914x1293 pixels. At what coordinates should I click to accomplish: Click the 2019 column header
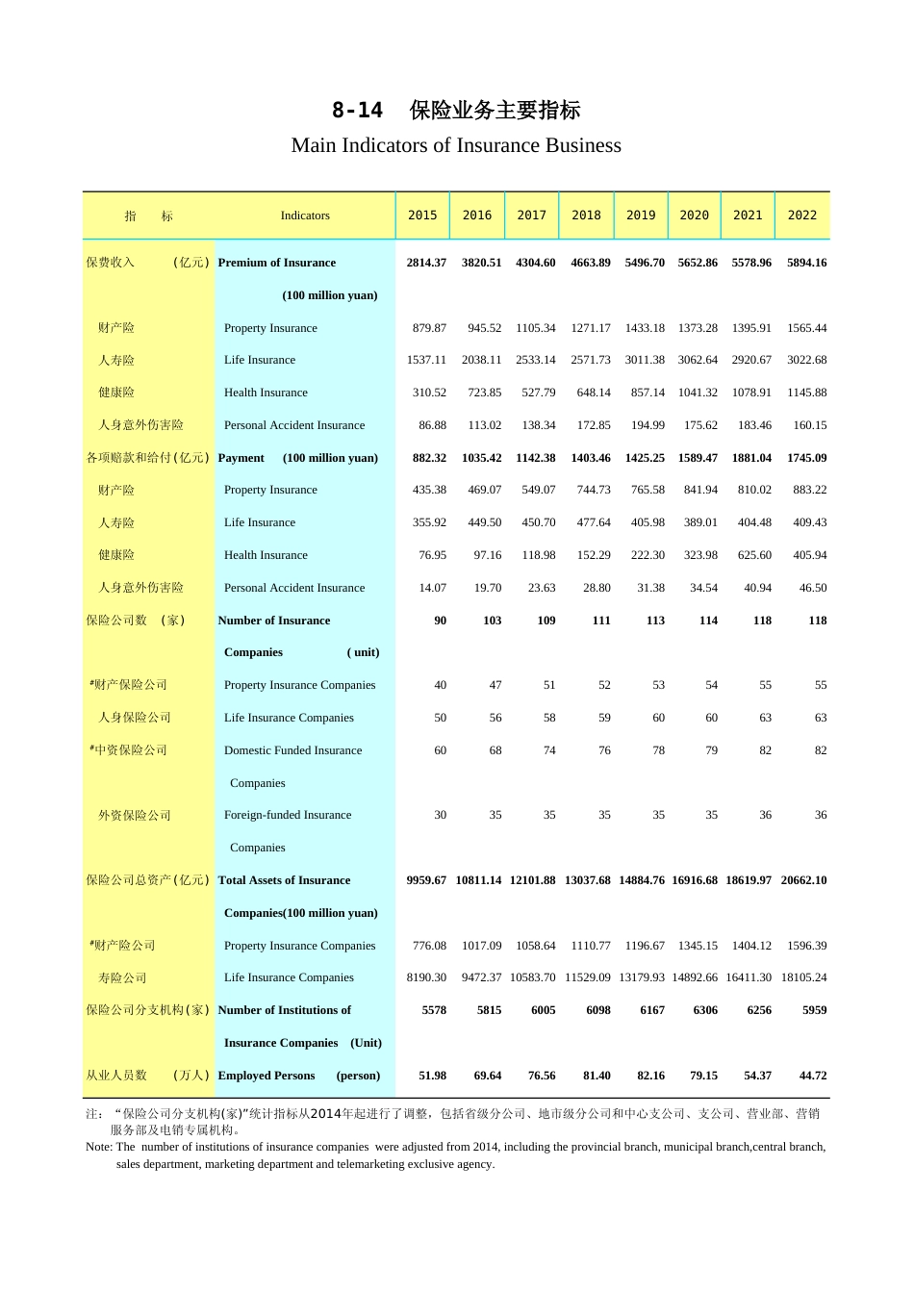[x=641, y=215]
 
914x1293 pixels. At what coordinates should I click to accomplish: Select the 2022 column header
[x=801, y=215]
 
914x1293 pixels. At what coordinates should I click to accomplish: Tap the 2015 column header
[x=422, y=215]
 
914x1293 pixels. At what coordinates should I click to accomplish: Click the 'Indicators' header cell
[x=305, y=215]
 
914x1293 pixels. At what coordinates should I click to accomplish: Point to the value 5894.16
[x=806, y=263]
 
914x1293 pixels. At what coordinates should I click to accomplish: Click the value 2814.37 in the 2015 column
[x=426, y=263]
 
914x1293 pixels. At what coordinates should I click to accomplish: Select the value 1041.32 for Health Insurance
[x=698, y=393]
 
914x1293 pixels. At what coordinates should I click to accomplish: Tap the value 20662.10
[x=803, y=880]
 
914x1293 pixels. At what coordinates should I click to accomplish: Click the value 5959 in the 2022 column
[x=814, y=1010]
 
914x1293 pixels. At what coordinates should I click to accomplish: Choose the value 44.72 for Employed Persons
[x=812, y=1076]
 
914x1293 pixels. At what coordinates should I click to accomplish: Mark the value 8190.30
[x=426, y=977]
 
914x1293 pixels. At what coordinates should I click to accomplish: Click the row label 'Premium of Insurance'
[x=277, y=263]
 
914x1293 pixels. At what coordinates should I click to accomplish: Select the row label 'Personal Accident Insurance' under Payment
[x=294, y=588]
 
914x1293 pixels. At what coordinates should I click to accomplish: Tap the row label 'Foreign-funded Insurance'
[x=288, y=815]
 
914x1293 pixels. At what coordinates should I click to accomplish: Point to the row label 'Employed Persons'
[x=267, y=1076]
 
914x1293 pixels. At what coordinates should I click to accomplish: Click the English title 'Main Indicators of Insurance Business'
[x=456, y=145]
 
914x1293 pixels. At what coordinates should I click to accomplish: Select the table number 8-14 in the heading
[x=357, y=111]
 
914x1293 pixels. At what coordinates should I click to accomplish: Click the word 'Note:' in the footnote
[x=99, y=1147]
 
